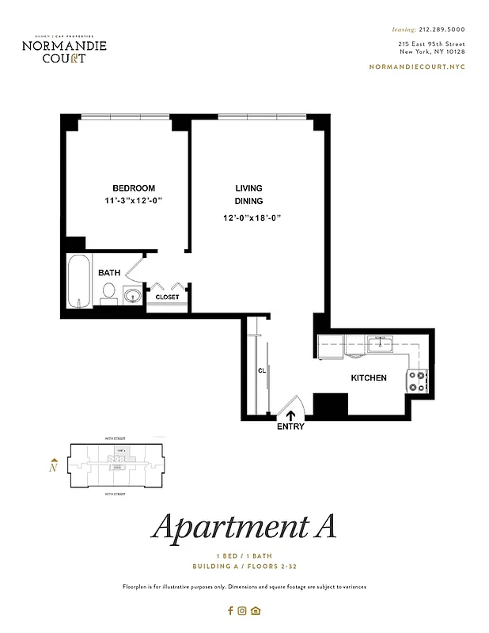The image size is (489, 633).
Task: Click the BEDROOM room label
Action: [x=133, y=188]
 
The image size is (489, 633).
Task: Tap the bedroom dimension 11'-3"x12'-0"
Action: [x=133, y=200]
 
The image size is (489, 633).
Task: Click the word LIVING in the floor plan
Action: [x=248, y=188]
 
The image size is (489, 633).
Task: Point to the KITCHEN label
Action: [x=369, y=378]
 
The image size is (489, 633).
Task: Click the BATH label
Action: [x=109, y=273]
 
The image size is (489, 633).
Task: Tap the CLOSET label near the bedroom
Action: [x=167, y=297]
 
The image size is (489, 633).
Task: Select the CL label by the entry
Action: [x=260, y=370]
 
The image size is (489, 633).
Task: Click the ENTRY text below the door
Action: [x=290, y=426]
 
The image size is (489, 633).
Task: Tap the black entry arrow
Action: [x=290, y=413]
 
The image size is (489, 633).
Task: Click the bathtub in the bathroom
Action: [x=78, y=282]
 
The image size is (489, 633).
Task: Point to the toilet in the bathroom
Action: [x=108, y=295]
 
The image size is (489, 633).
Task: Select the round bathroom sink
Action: [x=132, y=296]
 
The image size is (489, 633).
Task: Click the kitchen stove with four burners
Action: [x=417, y=382]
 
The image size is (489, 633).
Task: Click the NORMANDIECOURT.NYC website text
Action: [x=417, y=66]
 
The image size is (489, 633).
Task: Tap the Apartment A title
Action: [x=244, y=526]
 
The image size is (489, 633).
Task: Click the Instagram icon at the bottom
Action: [x=243, y=610]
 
